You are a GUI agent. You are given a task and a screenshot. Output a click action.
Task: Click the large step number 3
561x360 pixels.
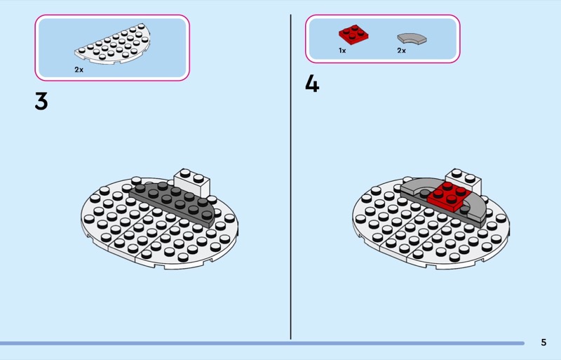pos(41,101)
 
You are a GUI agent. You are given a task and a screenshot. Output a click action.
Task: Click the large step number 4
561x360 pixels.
pos(312,84)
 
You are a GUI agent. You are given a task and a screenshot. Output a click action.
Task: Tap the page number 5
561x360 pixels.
pos(543,342)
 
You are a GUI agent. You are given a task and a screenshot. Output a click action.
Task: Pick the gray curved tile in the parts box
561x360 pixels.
pos(412,39)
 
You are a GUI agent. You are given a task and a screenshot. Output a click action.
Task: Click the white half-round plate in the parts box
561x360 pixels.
pos(113,44)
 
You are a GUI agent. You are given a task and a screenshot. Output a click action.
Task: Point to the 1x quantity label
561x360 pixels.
pos(342,51)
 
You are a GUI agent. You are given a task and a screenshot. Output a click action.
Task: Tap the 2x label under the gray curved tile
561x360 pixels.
pos(401,51)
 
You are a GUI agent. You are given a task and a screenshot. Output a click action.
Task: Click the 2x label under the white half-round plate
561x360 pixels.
pos(79,70)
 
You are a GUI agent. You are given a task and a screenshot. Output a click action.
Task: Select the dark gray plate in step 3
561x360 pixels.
pos(173,204)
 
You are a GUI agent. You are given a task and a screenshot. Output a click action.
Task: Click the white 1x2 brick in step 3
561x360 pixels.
pos(191,182)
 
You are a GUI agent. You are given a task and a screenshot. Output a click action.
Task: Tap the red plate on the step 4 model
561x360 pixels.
pos(450,196)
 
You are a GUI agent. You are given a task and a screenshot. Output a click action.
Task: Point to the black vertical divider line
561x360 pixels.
pos(290,177)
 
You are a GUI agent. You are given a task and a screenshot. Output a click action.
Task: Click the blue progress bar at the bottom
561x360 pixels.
pos(262,343)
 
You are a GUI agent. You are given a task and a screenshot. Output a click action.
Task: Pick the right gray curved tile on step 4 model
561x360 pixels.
pos(474,210)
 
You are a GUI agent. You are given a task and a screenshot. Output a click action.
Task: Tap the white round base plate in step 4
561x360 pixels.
pos(431,233)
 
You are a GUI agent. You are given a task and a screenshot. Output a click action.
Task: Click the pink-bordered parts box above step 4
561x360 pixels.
pos(382,39)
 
